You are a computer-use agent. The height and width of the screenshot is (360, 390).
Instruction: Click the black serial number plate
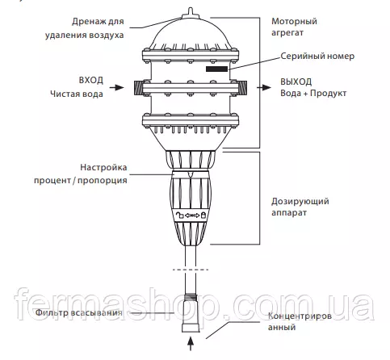point(216,69)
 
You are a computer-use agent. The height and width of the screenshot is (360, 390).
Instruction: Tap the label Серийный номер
point(317,57)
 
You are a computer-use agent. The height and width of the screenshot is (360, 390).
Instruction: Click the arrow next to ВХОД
point(116,87)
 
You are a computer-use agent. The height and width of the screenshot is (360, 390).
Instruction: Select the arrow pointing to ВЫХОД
point(264,87)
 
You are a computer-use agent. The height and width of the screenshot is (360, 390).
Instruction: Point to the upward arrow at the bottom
point(191,344)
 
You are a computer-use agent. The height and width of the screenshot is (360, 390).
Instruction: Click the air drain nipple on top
point(191,13)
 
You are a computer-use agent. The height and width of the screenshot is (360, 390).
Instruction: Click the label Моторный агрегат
point(294,27)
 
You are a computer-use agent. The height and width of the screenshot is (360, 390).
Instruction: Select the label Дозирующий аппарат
point(300,207)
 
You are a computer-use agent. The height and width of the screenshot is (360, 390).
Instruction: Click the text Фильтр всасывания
point(78,312)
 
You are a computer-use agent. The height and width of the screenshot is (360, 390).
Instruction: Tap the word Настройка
point(103,167)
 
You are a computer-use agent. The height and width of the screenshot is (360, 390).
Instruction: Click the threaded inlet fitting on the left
point(139,88)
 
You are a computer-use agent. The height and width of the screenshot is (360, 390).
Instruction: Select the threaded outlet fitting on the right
point(242,88)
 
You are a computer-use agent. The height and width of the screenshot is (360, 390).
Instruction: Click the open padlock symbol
point(180,215)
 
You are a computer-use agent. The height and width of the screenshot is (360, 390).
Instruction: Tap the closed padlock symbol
point(203,215)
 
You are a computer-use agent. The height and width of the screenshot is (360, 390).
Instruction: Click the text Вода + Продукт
point(313,93)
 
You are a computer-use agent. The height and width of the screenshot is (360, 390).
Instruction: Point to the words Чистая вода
point(77,94)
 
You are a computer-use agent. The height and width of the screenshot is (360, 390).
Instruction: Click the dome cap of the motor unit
point(191,34)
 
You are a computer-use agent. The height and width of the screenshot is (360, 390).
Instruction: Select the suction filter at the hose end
point(191,313)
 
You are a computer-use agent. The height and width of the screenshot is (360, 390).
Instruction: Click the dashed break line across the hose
point(191,270)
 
